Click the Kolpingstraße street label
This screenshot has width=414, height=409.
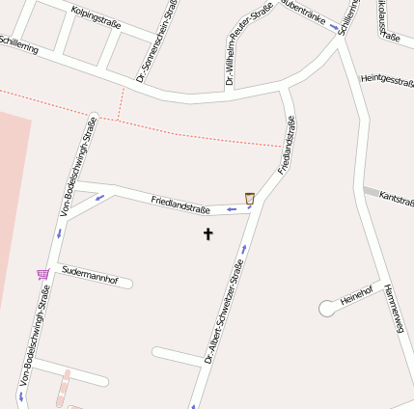pos(97,17)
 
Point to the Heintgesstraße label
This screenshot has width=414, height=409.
pos(386,81)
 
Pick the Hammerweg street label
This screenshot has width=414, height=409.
pos(393,309)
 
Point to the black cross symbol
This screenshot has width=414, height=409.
pos(207,233)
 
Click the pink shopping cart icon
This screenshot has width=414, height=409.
pos(42,274)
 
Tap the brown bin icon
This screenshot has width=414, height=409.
pos(250,198)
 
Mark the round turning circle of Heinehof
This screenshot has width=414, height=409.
pos(328,309)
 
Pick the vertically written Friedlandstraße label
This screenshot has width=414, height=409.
pos(287,145)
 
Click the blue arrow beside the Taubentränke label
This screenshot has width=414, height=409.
pos(334,27)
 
